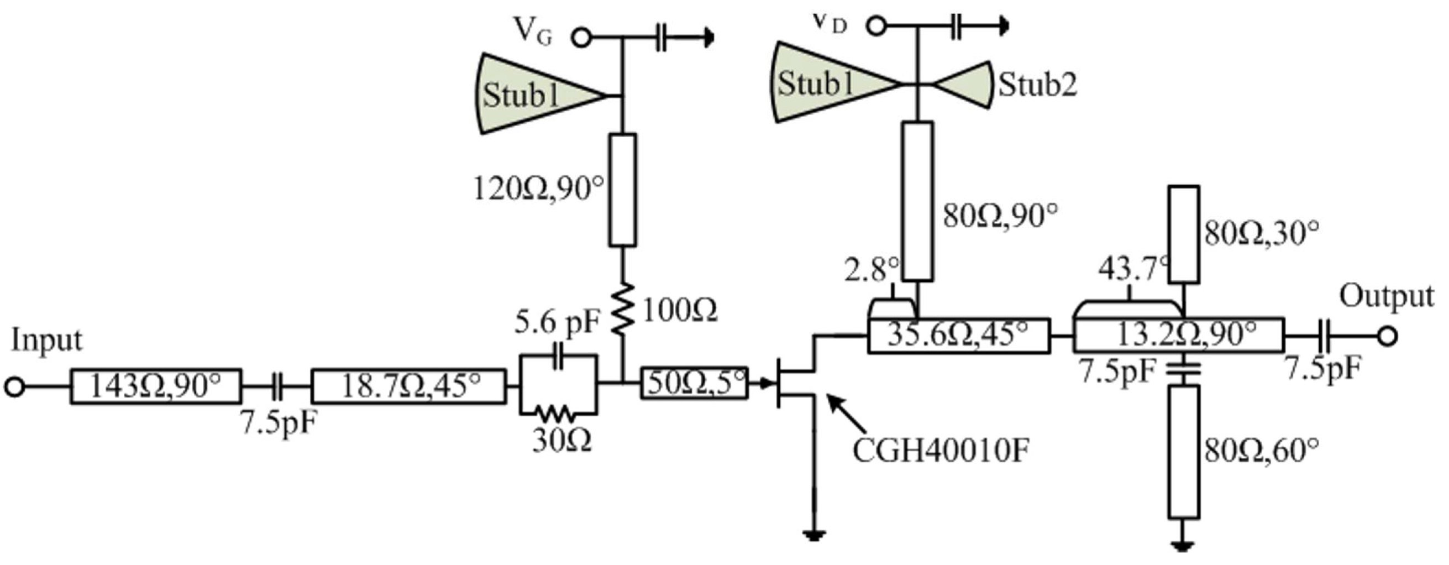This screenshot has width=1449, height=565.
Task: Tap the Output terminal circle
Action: point(1387,337)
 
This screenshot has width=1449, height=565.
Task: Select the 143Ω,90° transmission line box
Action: point(156,386)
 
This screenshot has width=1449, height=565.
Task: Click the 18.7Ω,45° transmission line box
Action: point(409,386)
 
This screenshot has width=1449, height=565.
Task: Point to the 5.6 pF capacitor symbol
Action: point(558,355)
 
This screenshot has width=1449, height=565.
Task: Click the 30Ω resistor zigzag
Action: point(555,415)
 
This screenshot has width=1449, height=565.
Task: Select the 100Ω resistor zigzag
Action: point(623,310)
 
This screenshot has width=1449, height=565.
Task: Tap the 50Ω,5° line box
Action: point(694,384)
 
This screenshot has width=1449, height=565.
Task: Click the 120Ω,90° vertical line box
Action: point(623,190)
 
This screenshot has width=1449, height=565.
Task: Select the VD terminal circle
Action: point(876,25)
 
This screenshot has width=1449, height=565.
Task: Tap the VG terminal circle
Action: point(581,38)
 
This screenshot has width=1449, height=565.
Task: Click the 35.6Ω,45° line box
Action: point(958,337)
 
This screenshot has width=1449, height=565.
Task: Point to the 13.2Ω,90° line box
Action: point(1178,336)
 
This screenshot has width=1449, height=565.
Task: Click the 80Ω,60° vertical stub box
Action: point(1184,451)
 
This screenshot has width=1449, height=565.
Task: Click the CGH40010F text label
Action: point(941,450)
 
